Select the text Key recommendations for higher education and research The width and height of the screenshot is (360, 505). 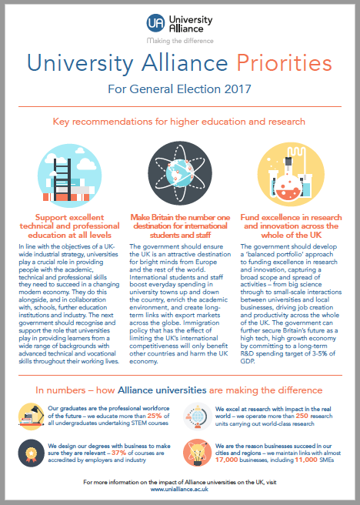pos(180,122)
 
